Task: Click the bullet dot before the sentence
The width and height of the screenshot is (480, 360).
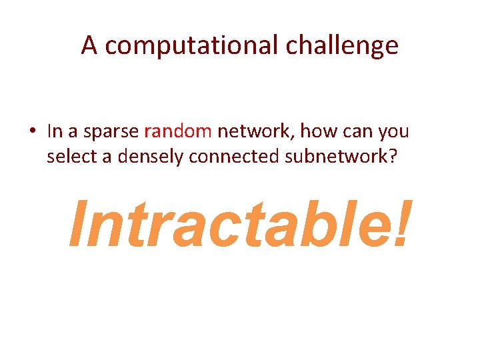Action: tap(32, 131)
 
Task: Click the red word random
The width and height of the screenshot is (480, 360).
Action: tap(178, 131)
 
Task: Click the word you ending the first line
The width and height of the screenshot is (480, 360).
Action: tap(394, 131)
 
